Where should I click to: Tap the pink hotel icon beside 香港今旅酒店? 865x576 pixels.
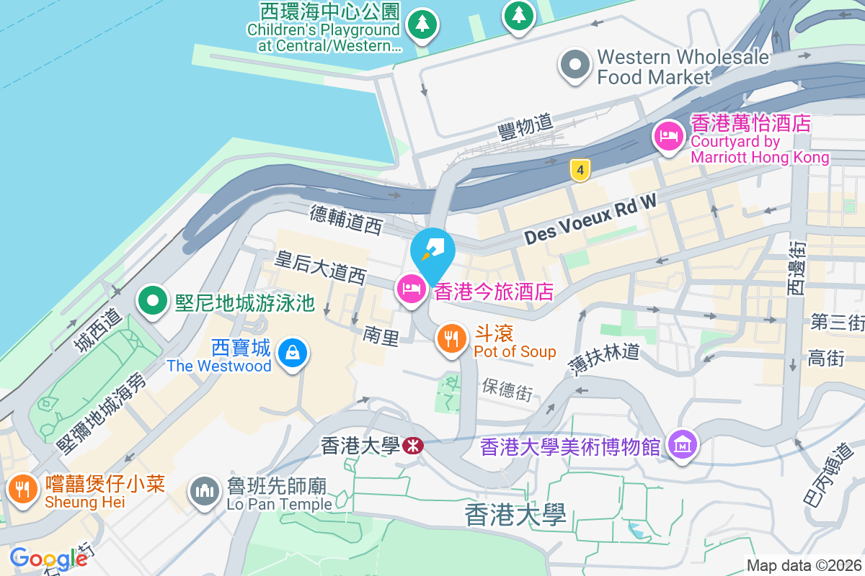click(x=411, y=289)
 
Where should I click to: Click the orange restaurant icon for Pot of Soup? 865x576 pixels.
click(x=452, y=338)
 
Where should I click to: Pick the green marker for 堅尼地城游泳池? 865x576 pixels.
click(x=153, y=302)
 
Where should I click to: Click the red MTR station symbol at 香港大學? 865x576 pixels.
click(x=413, y=446)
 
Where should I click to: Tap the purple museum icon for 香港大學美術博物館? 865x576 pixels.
click(x=682, y=444)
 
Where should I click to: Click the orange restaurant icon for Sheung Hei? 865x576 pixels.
click(x=23, y=488)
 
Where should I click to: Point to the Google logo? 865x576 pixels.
click(x=48, y=558)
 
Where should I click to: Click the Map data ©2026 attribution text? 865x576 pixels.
click(x=803, y=565)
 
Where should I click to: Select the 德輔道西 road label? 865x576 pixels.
click(x=345, y=220)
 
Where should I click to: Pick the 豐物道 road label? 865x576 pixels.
click(x=524, y=127)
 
